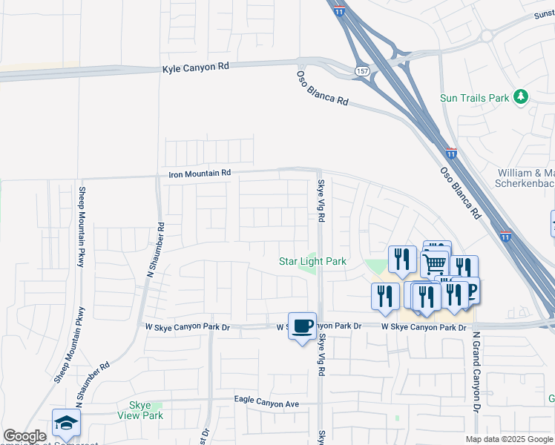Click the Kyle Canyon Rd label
pos(196,67)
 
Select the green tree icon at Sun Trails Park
pos(522,97)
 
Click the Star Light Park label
pos(312,261)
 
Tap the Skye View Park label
pos(140,410)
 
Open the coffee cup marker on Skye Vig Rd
pos(302,326)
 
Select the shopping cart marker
pos(433,263)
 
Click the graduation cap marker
pos(66,423)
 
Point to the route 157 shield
pos(361,70)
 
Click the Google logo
pos(24,437)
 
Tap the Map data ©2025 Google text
pos(508,439)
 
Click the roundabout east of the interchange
pos(487,35)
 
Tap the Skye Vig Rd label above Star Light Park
pos(321,202)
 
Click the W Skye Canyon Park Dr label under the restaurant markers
pos(424,327)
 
